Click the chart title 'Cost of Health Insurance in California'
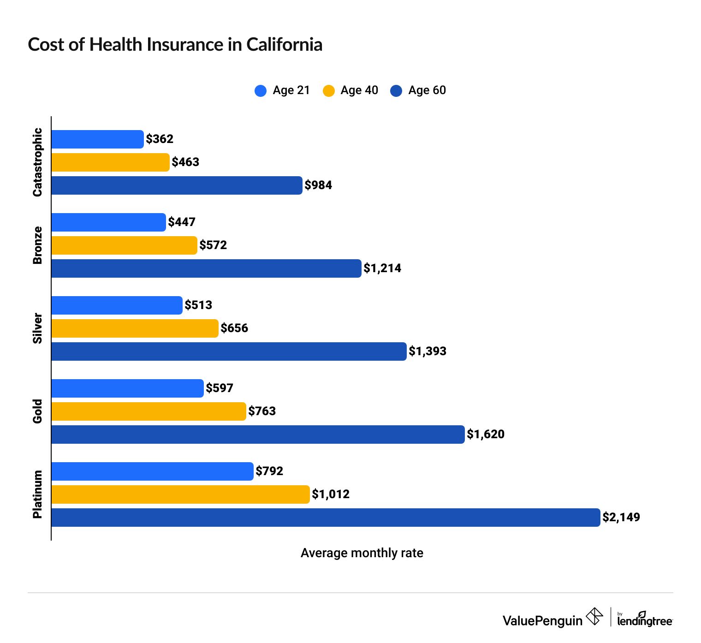click(x=175, y=45)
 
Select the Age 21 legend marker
click(x=261, y=90)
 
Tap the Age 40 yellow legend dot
click(x=328, y=90)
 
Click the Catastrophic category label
click(x=37, y=162)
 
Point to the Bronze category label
click(x=37, y=245)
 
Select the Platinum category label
click(x=37, y=494)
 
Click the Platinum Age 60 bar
click(x=325, y=518)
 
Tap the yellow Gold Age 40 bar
click(x=149, y=411)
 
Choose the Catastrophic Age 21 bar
click(x=97, y=139)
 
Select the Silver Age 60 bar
click(x=229, y=351)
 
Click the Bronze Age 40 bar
click(x=124, y=245)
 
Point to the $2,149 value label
click(x=621, y=518)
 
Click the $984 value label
click(x=318, y=185)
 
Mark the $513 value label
click(x=198, y=305)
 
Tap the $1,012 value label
click(x=331, y=494)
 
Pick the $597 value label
click(x=220, y=388)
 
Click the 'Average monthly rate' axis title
click(x=362, y=553)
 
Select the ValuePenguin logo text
click(x=542, y=620)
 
